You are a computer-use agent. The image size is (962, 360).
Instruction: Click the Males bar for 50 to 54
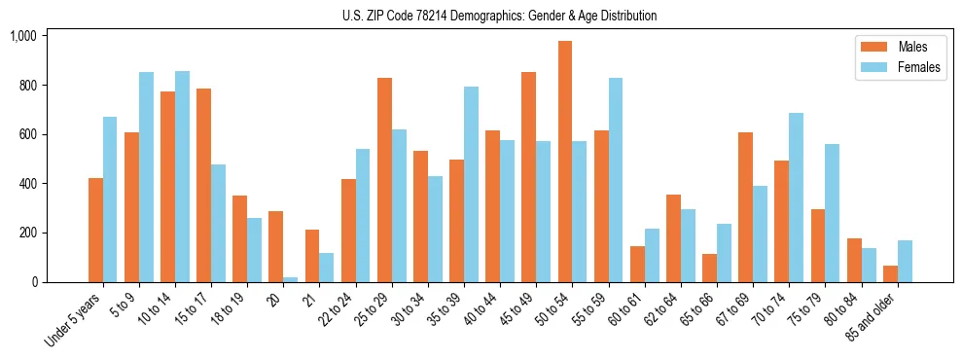tap(565, 162)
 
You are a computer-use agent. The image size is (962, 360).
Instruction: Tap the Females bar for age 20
tap(291, 279)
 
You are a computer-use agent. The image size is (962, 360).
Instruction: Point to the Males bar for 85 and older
tap(890, 273)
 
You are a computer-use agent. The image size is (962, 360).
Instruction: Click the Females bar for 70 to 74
tap(797, 198)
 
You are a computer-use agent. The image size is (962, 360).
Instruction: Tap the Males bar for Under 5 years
tap(95, 230)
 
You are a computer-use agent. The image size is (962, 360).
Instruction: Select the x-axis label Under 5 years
tap(75, 319)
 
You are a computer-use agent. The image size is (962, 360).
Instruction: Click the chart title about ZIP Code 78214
tap(499, 16)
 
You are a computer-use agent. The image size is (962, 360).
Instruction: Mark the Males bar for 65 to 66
tap(709, 268)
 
